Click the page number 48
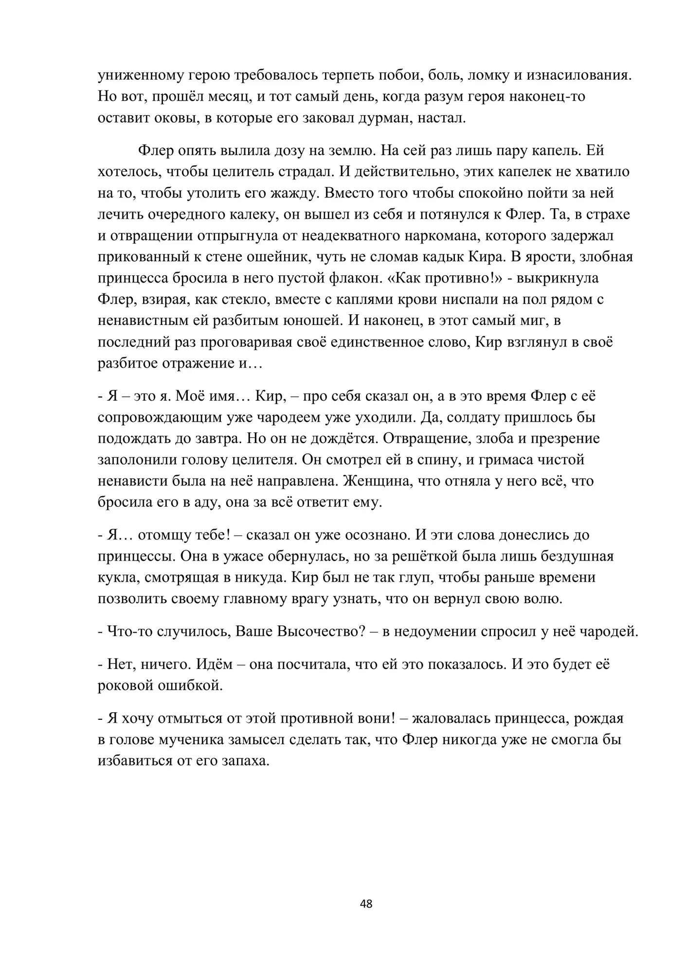(x=366, y=904)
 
